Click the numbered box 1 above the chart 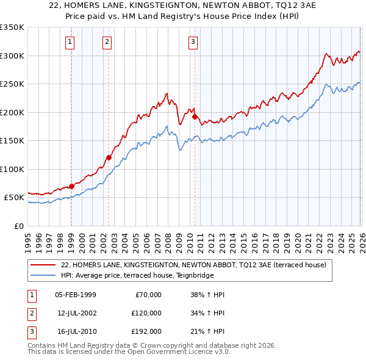click(x=71, y=42)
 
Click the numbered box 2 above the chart click(x=107, y=42)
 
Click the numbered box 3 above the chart click(x=193, y=42)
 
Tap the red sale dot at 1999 click(x=71, y=186)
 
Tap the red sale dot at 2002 click(x=109, y=157)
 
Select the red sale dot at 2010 click(x=195, y=117)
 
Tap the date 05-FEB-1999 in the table click(x=75, y=295)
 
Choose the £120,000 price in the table click(x=146, y=313)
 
